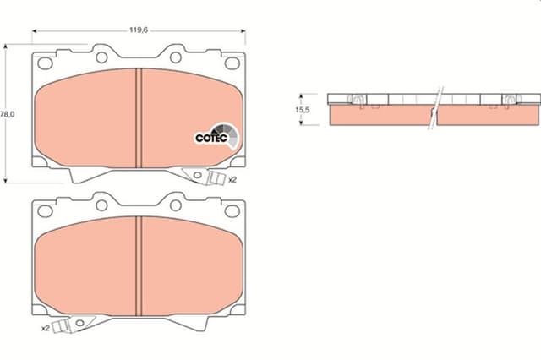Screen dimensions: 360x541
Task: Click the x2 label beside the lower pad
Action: [45, 328]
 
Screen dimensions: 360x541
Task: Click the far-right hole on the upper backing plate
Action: [232, 63]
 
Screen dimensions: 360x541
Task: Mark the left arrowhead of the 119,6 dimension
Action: [35, 33]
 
